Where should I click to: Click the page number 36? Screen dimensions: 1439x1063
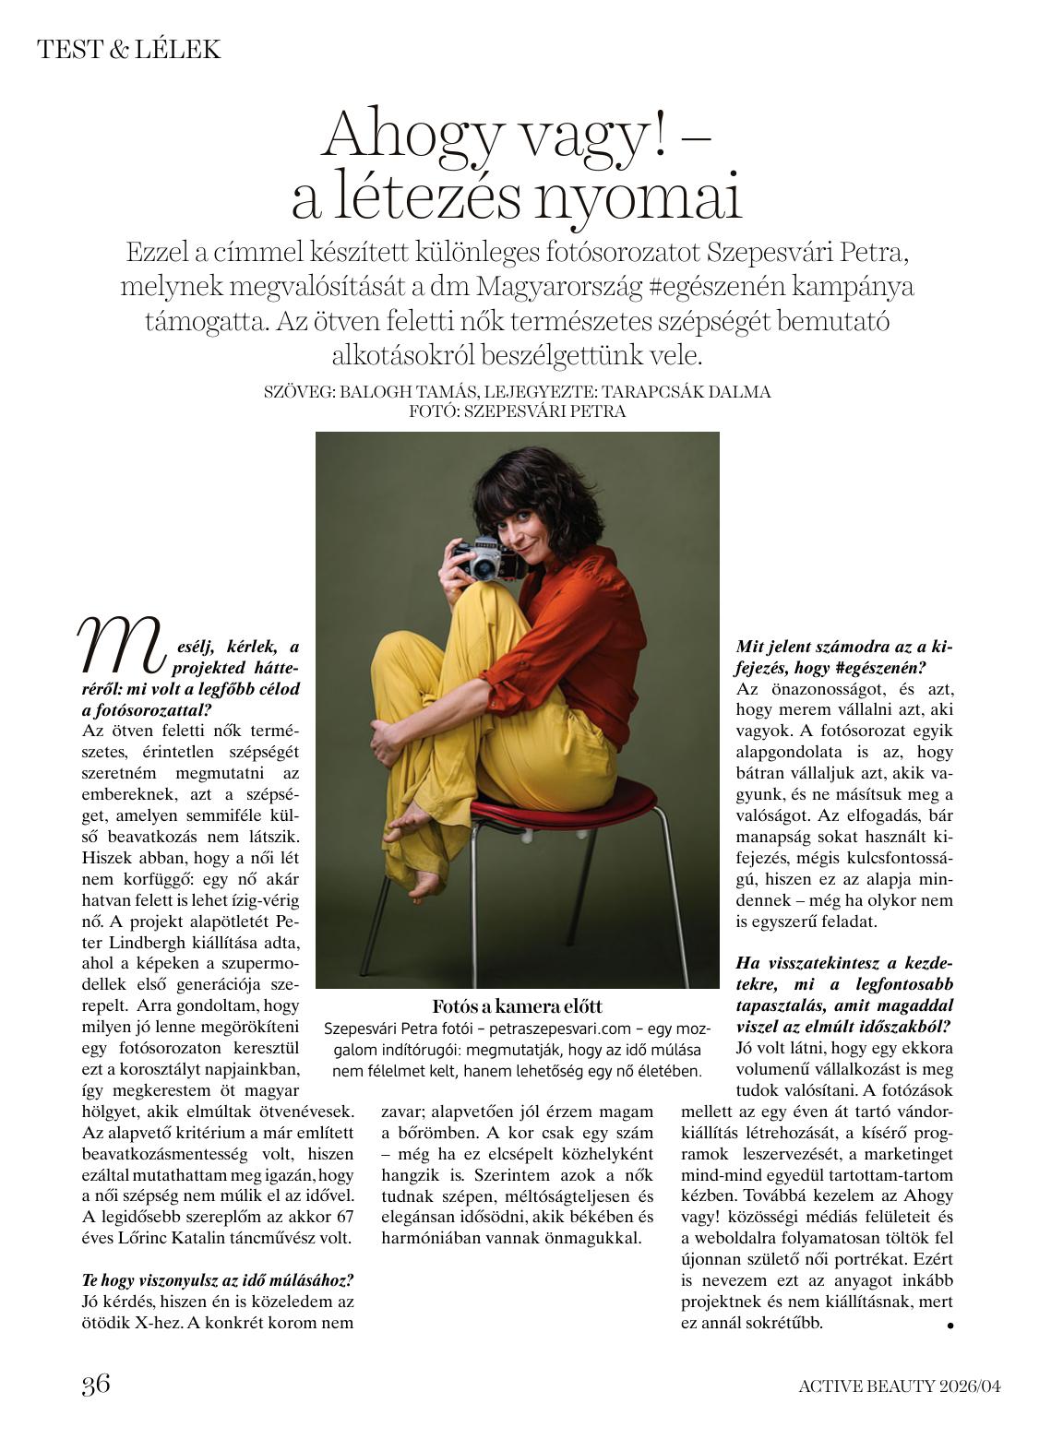pos(96,1384)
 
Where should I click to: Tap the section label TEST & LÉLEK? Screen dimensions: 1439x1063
pos(129,50)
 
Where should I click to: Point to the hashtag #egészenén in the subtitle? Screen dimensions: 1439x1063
pos(726,287)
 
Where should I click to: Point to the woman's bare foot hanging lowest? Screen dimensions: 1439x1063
pos(425,886)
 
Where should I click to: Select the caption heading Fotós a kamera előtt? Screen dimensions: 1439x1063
pos(517,1006)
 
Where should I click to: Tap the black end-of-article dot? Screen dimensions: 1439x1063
pos(950,1326)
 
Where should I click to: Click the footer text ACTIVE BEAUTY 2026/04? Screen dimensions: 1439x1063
pos(899,1385)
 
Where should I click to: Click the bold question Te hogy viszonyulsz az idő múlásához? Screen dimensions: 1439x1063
pos(218,1280)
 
